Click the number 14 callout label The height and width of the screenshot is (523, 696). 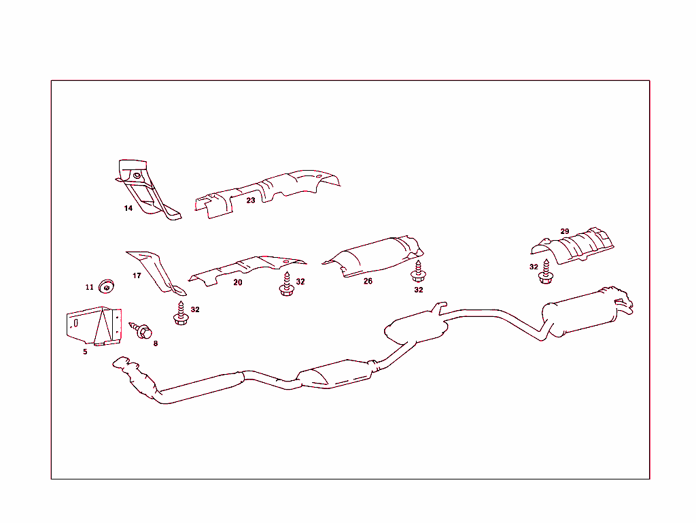pos(128,208)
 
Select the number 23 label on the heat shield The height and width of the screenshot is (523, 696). pos(251,200)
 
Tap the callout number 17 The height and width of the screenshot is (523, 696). pos(137,275)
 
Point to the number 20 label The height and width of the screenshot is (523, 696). pos(238,282)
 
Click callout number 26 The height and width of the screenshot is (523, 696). pos(368,281)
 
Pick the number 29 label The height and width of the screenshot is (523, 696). pos(565,231)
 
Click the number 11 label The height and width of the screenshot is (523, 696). pos(90,287)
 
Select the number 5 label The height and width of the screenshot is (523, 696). pos(85,352)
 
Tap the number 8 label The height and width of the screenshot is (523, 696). pos(155,343)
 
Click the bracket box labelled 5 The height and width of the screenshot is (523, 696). pos(94,327)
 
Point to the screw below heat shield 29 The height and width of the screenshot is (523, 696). pos(546,272)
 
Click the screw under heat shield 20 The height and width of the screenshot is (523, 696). pos(285,285)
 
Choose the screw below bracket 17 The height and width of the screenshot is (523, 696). pos(180,313)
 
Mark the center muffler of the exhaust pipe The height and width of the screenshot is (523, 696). pos(416,326)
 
